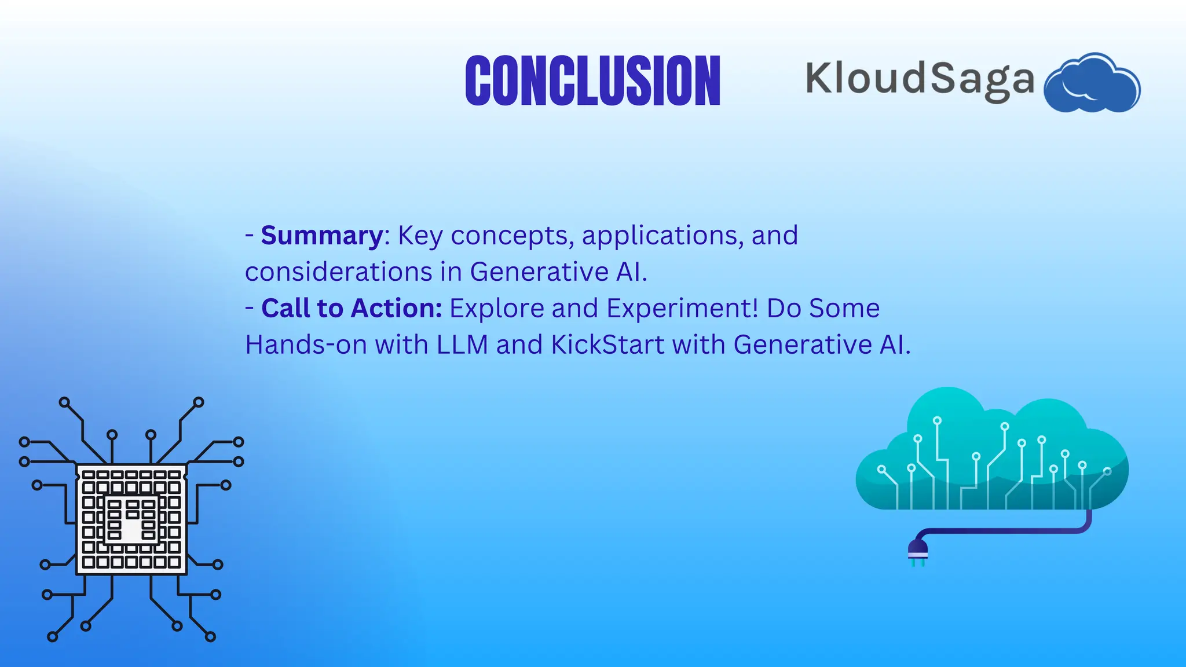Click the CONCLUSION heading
tap(593, 80)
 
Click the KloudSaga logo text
tap(920, 81)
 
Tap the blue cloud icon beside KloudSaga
tap(1092, 82)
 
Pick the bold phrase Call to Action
tap(352, 308)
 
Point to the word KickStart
tap(607, 345)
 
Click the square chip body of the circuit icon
tap(131, 519)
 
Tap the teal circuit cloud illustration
tap(992, 449)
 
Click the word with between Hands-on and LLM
tap(401, 345)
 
